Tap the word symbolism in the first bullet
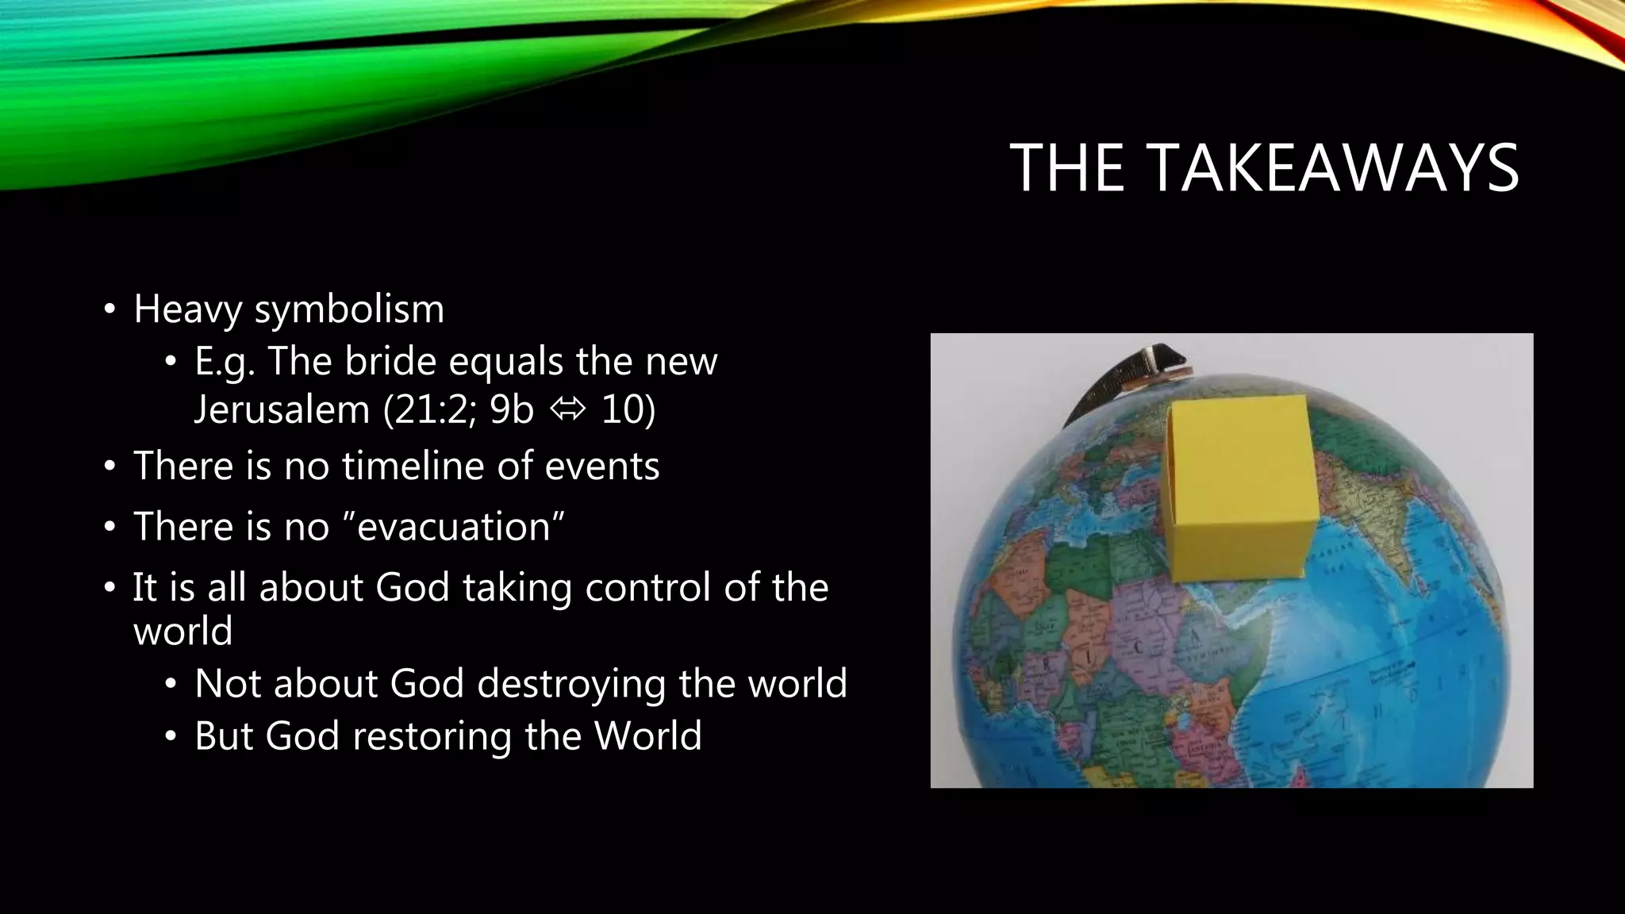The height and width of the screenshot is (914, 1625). click(x=349, y=309)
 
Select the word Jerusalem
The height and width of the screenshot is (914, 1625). click(x=282, y=410)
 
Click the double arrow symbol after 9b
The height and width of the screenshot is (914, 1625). click(x=567, y=410)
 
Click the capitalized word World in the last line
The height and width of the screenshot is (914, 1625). click(x=647, y=735)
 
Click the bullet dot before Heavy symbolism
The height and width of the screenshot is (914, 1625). click(x=109, y=309)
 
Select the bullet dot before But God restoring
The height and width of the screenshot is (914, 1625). click(x=170, y=737)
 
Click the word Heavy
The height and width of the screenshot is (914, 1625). click(x=186, y=309)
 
